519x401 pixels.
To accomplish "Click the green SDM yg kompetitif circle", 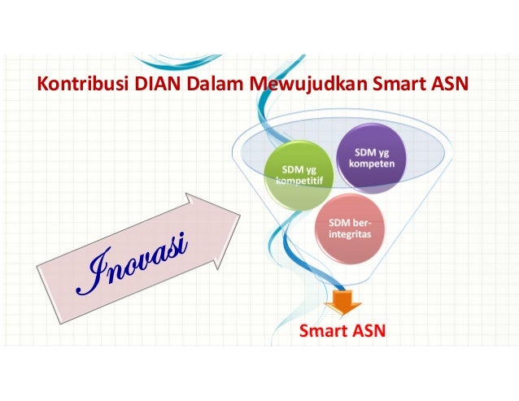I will coord(297,173).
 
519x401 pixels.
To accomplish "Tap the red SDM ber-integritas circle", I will coord(348,228).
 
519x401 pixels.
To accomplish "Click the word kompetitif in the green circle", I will coord(297,180).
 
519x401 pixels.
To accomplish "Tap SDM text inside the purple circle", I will coord(364,151).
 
